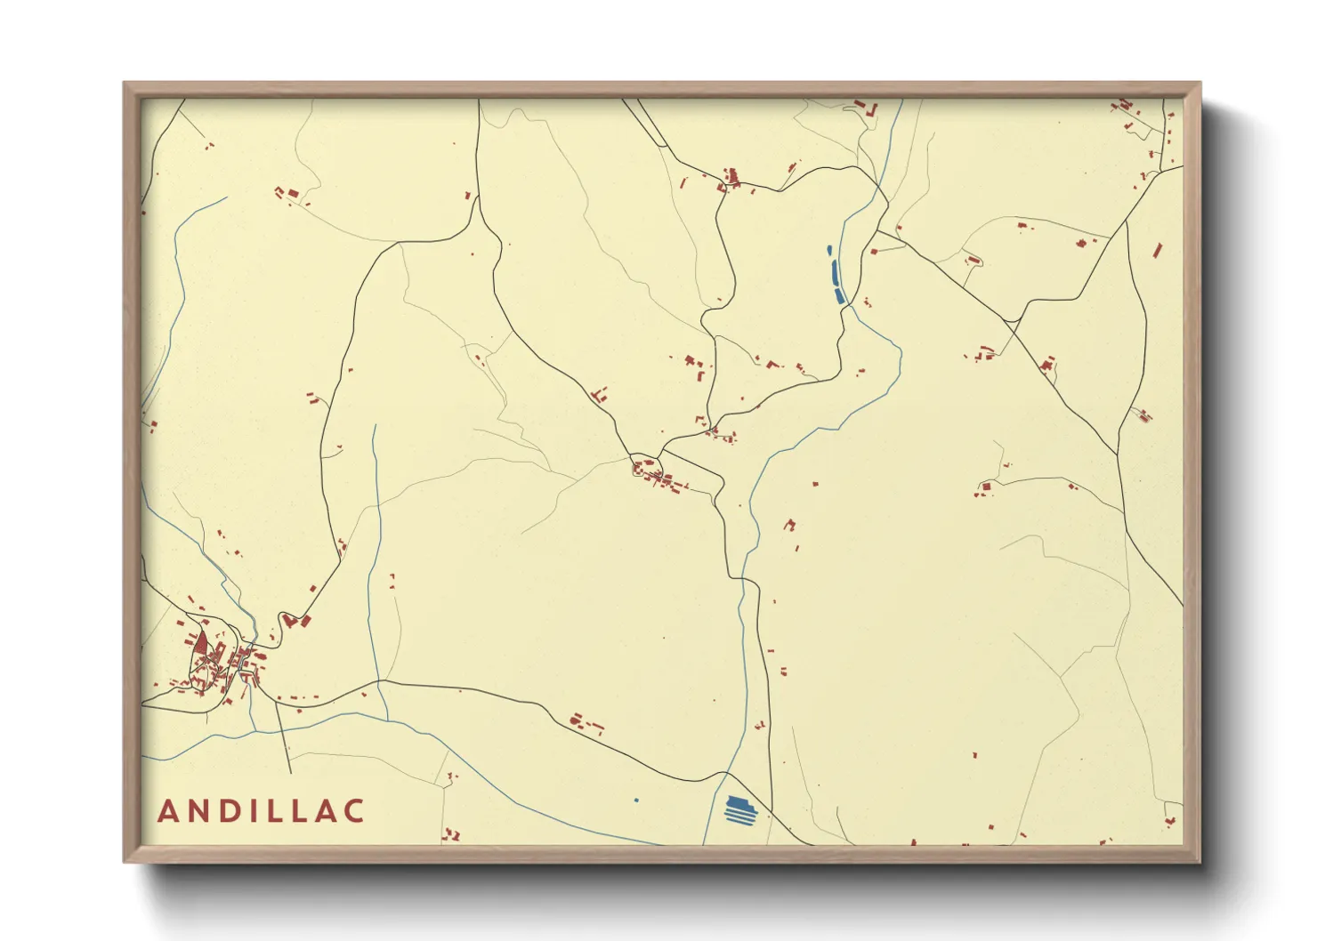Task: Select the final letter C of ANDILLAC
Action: coord(354,811)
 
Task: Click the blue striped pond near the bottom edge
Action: coord(739,810)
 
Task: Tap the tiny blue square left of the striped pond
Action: coord(636,800)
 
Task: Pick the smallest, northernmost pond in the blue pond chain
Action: coord(829,251)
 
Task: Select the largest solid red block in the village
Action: coord(201,642)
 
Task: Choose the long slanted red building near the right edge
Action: coord(1158,250)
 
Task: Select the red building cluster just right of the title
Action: coord(451,834)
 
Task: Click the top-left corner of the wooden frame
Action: coord(125,84)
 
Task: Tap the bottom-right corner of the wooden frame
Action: coord(1200,861)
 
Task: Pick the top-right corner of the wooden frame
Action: coord(1200,84)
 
